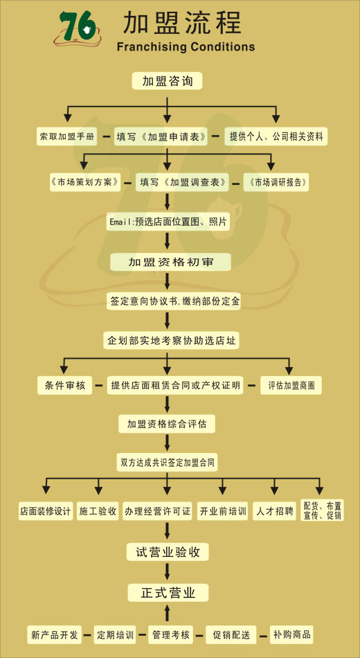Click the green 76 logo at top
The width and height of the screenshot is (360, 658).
click(x=78, y=28)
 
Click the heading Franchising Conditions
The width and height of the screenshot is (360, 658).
click(x=186, y=46)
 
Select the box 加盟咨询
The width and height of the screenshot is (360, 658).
click(x=167, y=81)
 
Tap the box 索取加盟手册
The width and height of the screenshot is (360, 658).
click(x=66, y=136)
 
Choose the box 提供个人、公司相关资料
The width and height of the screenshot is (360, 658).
click(x=276, y=136)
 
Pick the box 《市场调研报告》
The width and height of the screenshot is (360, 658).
click(x=276, y=183)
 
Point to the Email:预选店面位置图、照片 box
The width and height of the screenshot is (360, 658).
click(x=168, y=222)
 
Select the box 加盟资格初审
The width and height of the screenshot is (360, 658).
click(x=170, y=262)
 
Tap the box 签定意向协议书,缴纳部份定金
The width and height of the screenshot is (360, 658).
click(x=174, y=301)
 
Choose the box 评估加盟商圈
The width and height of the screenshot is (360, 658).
click(x=291, y=385)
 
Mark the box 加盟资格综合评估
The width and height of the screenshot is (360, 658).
click(x=167, y=424)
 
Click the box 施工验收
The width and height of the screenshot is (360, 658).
click(x=98, y=511)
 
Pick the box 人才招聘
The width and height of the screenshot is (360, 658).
click(x=274, y=511)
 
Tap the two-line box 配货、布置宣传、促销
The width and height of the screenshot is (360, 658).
click(x=322, y=510)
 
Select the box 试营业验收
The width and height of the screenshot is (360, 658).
click(x=168, y=552)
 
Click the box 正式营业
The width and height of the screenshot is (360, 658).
click(x=168, y=592)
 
